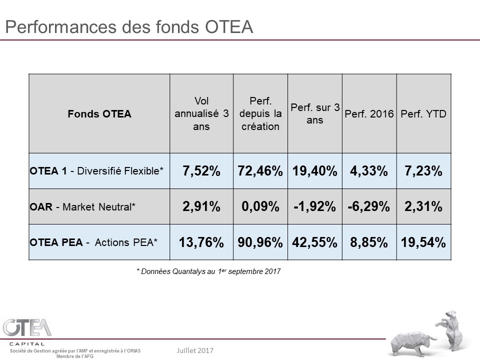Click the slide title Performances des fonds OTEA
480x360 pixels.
click(128, 26)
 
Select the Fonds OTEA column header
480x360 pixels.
click(99, 114)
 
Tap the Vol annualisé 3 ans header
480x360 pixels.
click(201, 114)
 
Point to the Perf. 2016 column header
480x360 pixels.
click(369, 114)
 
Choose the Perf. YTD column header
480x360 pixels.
click(423, 114)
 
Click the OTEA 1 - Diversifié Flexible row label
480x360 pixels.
click(96, 171)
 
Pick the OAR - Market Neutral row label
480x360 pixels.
click(82, 206)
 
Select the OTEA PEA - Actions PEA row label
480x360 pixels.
click(93, 242)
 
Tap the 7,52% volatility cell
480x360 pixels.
click(201, 171)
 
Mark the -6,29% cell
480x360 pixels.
click(369, 207)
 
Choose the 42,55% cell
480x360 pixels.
click(314, 243)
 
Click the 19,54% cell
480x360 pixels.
click(423, 243)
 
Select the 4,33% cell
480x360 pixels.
click(369, 171)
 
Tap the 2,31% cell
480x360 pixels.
click(423, 207)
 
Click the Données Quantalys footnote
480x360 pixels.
click(208, 271)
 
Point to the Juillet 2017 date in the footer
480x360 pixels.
click(195, 350)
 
